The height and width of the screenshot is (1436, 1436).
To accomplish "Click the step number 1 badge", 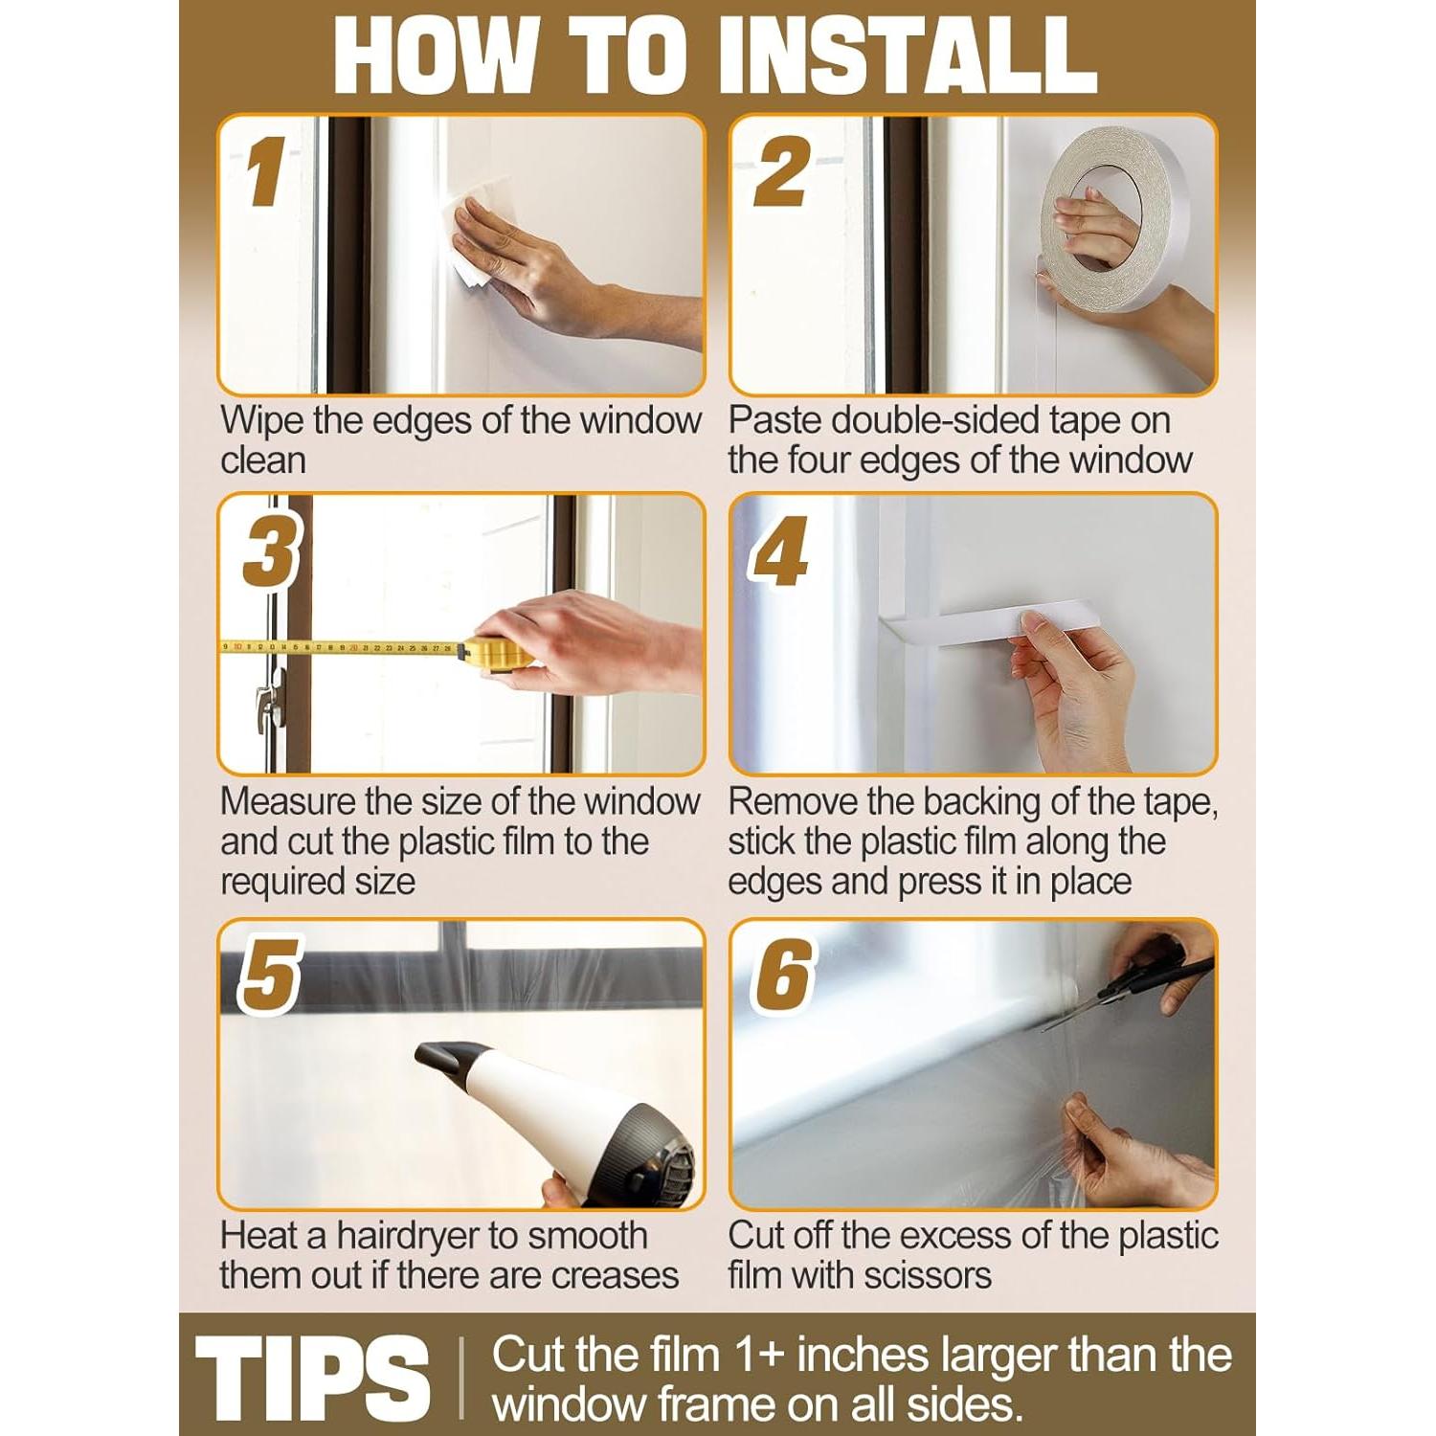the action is point(265,171).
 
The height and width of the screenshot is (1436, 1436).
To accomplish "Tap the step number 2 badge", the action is point(781,171).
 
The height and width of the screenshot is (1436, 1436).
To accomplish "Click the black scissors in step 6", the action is point(1130,991).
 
